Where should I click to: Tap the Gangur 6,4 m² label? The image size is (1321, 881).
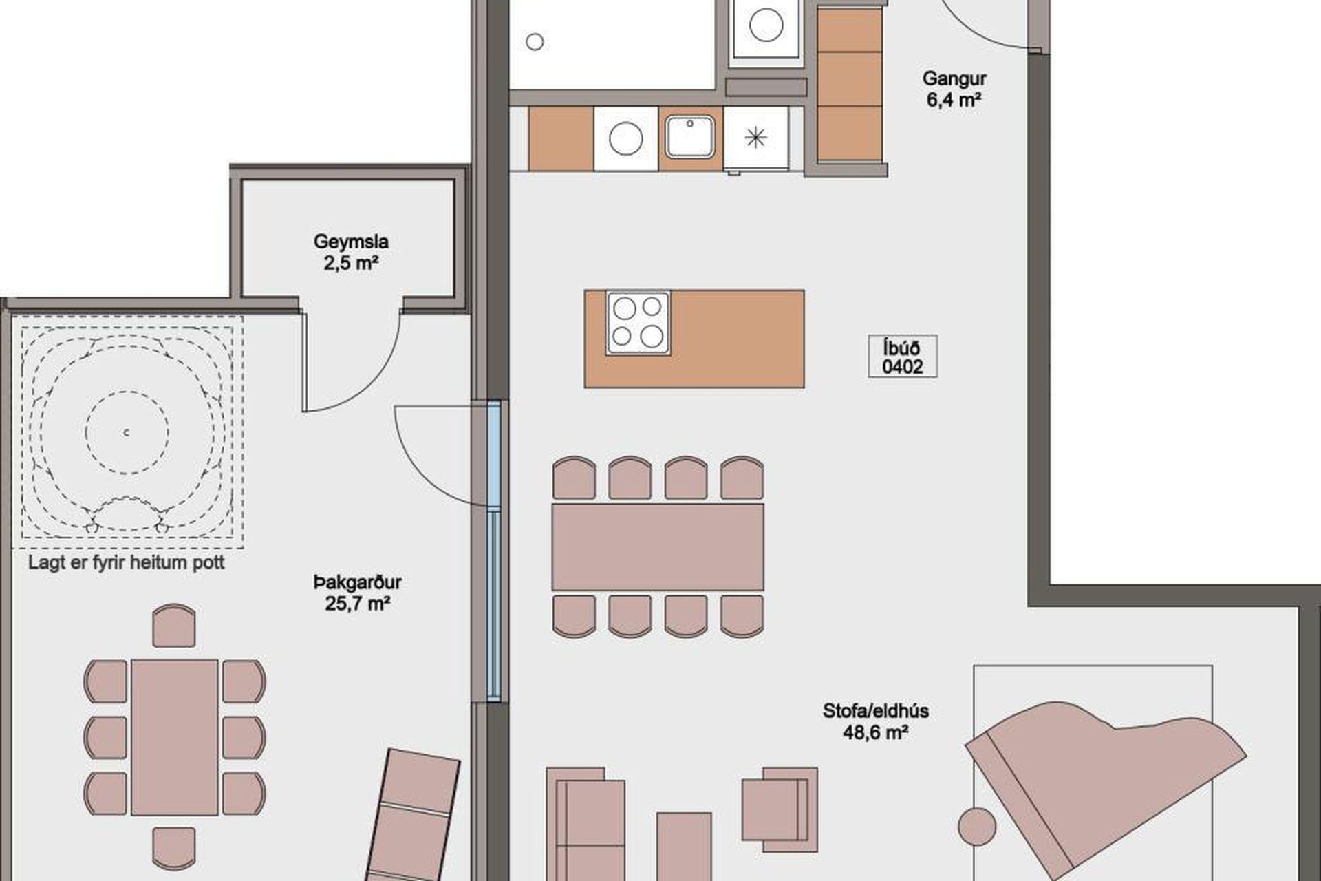[954, 89]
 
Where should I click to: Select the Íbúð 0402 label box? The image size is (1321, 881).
[903, 357]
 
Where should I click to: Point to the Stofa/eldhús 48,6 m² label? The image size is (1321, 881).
[876, 721]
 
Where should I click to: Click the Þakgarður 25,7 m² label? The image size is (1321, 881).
[358, 593]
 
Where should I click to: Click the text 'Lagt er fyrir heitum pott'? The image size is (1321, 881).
[127, 562]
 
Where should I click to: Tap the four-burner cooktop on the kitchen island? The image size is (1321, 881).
[638, 323]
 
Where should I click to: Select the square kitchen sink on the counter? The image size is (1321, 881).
[690, 137]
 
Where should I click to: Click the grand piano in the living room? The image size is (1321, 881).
[1105, 792]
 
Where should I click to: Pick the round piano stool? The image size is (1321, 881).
[977, 827]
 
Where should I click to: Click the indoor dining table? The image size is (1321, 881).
[658, 547]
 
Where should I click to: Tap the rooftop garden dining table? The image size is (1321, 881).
[175, 737]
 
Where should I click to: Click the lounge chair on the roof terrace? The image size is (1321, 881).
[411, 816]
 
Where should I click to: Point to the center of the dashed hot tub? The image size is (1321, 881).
[127, 433]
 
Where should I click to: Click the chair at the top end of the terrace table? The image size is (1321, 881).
[174, 626]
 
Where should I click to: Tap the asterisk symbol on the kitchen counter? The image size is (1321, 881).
[755, 138]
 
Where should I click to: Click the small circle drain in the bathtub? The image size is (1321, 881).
[535, 42]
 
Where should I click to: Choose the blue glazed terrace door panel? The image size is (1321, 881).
[494, 551]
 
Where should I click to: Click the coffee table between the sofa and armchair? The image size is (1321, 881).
[684, 847]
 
